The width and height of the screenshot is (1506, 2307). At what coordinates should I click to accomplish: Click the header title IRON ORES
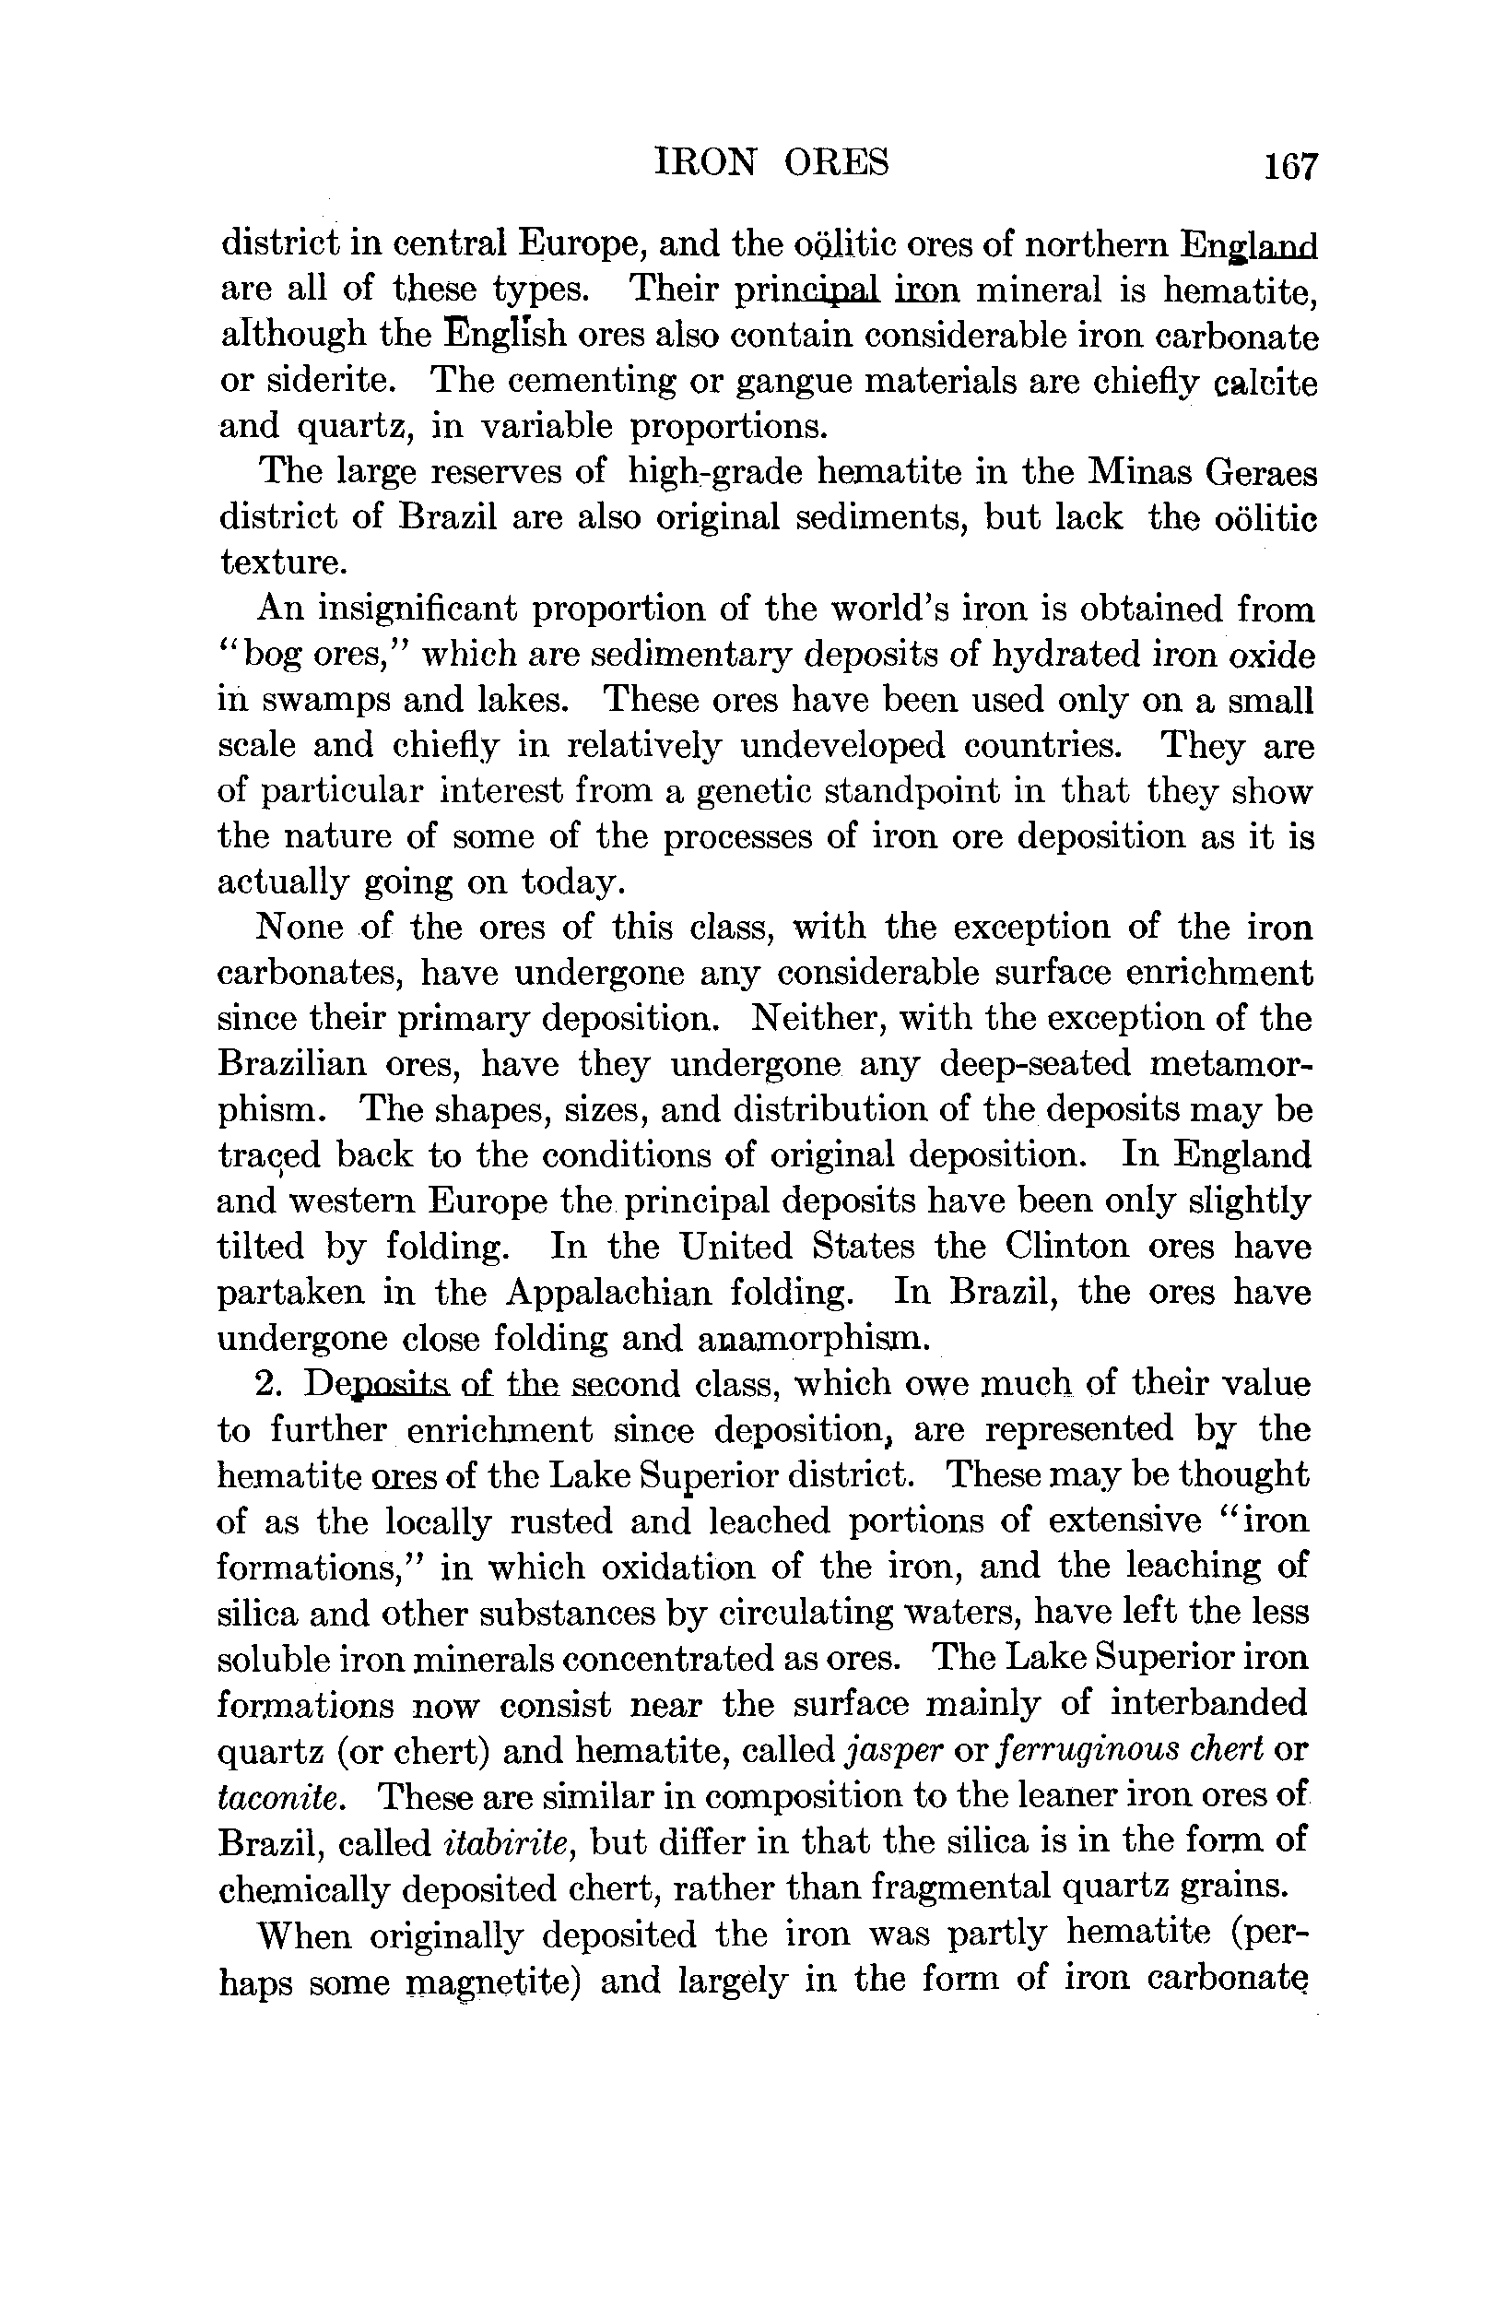pos(771,162)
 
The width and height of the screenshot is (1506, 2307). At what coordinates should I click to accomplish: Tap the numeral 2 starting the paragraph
pos(265,1383)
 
